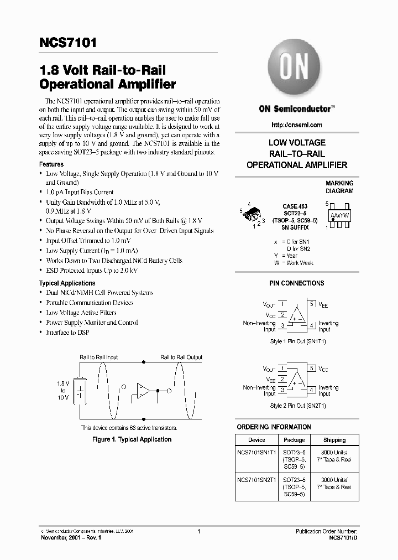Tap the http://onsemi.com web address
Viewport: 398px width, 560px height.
pos(297,125)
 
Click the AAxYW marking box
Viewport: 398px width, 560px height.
pos(339,214)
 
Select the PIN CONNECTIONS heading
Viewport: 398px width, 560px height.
pos(296,283)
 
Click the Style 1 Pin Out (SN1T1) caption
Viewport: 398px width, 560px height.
pos(297,341)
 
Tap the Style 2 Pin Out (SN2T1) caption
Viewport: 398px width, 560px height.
pos(297,406)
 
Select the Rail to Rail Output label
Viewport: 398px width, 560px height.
pos(181,357)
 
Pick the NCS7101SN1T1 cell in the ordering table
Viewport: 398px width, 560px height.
pos(256,452)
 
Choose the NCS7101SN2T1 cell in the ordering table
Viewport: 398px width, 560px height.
pos(256,480)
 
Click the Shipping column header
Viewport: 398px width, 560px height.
pos(334,440)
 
